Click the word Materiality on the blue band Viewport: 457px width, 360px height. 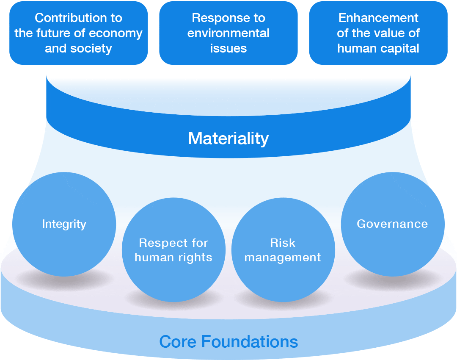pyautogui.click(x=228, y=138)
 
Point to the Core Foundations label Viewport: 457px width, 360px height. pyautogui.click(x=228, y=341)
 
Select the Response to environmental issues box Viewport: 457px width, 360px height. pyautogui.click(x=228, y=33)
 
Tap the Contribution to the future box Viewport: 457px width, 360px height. pyautogui.click(x=79, y=33)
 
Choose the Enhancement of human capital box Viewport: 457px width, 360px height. pyautogui.click(x=378, y=33)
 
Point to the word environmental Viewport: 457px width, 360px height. pyautogui.click(x=228, y=33)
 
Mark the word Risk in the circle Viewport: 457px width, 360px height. pyautogui.click(x=283, y=243)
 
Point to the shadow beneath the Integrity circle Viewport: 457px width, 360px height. pyautogui.click(x=63, y=280)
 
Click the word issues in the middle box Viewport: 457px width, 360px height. pyautogui.click(x=228, y=48)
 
